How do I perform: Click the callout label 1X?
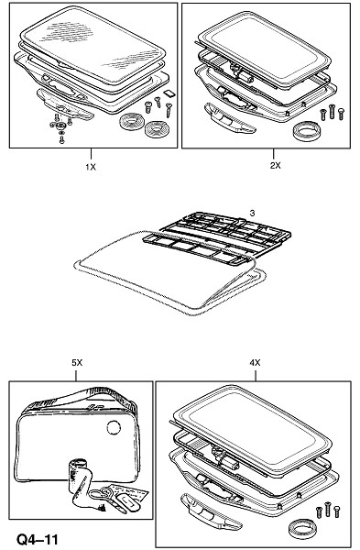point(91,167)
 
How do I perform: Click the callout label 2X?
point(275,165)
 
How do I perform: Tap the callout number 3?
point(253,213)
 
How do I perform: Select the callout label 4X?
point(256,363)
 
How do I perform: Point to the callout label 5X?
point(77,363)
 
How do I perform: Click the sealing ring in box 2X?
point(306,130)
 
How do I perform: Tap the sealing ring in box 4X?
point(303,529)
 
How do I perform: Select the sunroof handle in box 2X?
point(231,118)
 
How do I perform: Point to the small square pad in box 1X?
point(169,93)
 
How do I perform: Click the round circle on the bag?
point(114,427)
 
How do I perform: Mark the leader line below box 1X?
point(91,155)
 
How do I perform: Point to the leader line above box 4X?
point(256,375)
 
